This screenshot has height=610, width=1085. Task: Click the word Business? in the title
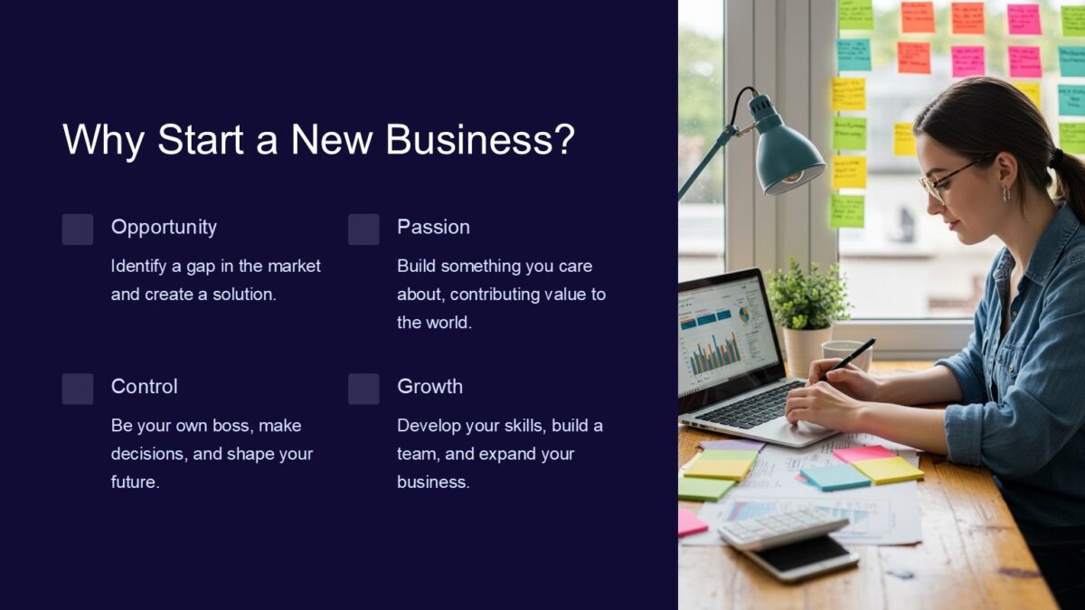pyautogui.click(x=480, y=141)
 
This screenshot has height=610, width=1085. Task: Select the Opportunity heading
pyautogui.click(x=164, y=227)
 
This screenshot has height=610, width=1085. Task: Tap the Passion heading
pyautogui.click(x=433, y=227)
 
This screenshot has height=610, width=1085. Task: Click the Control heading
pyautogui.click(x=144, y=386)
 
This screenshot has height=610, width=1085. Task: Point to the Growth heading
pyautogui.click(x=429, y=386)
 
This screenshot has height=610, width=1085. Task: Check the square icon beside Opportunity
pyautogui.click(x=78, y=230)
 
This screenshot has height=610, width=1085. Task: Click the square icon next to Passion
pyautogui.click(x=363, y=230)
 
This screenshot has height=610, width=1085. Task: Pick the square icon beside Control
pyautogui.click(x=78, y=389)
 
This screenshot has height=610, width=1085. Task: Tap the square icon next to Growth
pyautogui.click(x=363, y=389)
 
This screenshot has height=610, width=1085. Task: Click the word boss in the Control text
pyautogui.click(x=231, y=425)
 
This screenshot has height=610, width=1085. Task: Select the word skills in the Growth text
pyautogui.click(x=518, y=425)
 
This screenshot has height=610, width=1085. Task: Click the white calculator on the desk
pyautogui.click(x=783, y=526)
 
